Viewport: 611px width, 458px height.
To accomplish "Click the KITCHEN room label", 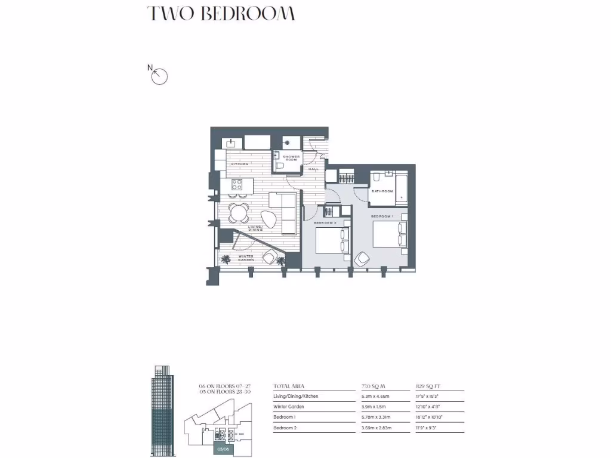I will click(x=240, y=164).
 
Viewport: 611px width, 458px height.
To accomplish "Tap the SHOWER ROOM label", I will click(x=291, y=158).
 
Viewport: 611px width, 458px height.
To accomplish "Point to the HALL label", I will click(x=313, y=169).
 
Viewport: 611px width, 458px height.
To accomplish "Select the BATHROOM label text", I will click(x=382, y=191).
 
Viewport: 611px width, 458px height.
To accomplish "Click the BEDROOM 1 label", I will click(x=382, y=215).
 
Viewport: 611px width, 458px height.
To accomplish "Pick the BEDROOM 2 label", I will click(x=326, y=222).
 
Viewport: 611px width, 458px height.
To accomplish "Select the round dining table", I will click(x=239, y=211).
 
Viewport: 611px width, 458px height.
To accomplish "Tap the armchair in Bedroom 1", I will click(x=362, y=259).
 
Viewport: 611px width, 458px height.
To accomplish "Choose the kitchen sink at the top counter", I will click(x=232, y=143).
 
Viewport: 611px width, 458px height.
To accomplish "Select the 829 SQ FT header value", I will click(x=427, y=386).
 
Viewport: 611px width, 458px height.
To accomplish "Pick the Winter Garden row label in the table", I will click(x=289, y=407).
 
